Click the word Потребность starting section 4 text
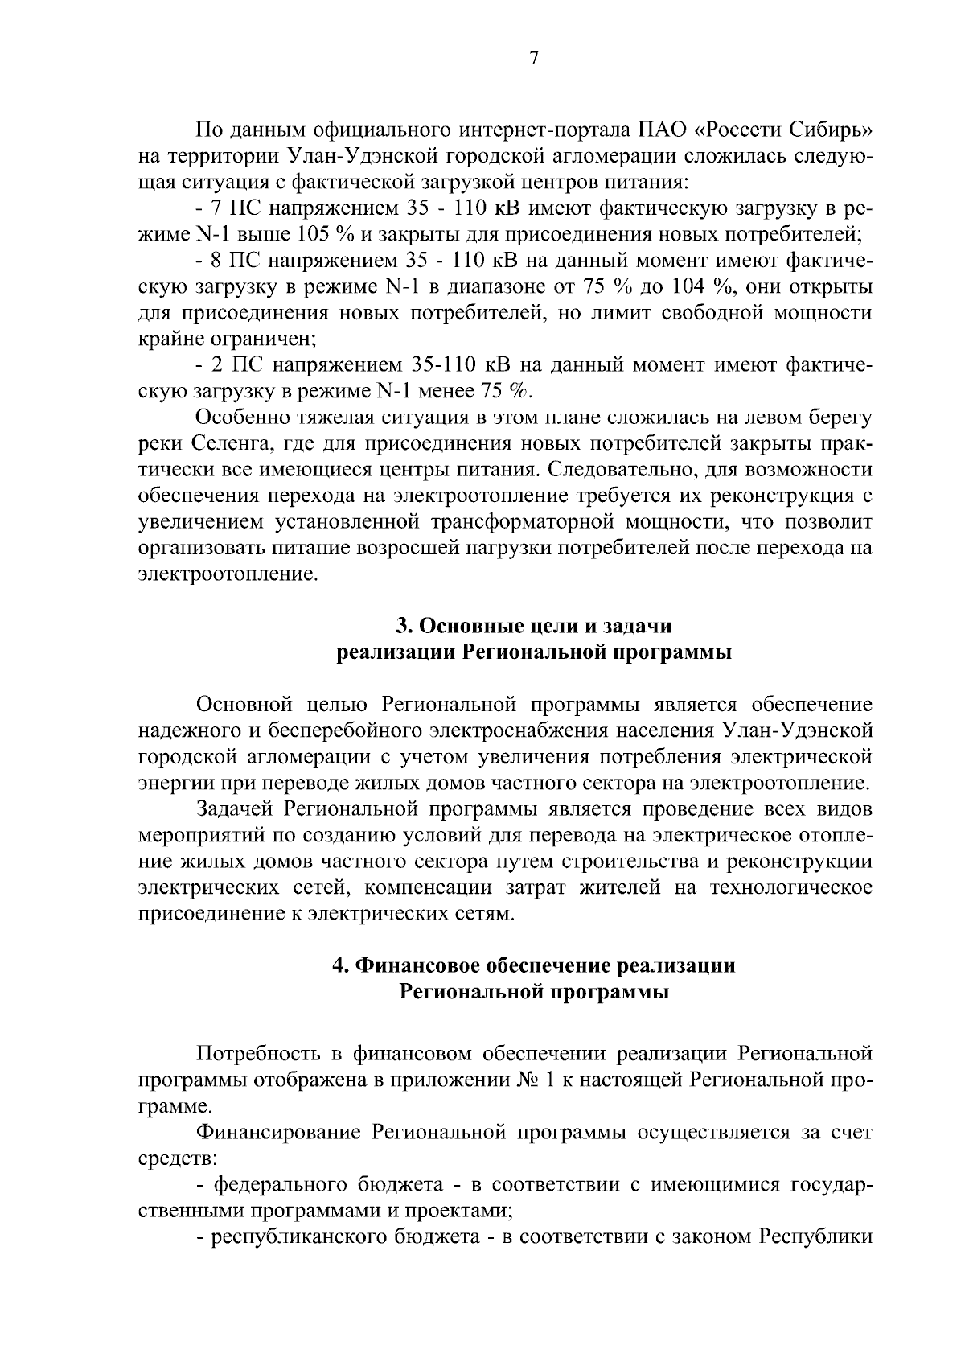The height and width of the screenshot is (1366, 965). [x=257, y=1054]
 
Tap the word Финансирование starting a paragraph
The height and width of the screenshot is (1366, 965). [x=280, y=1133]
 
